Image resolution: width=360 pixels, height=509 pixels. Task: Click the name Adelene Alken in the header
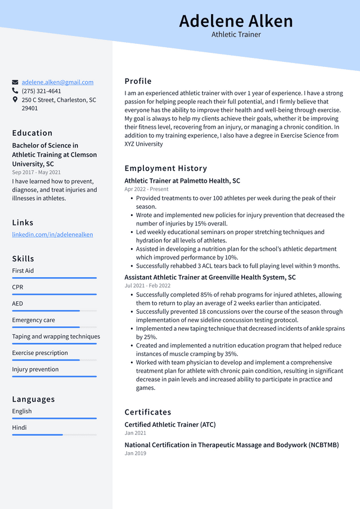236,21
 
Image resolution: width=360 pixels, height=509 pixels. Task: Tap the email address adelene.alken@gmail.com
57,82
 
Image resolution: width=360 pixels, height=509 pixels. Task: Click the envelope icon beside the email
15,82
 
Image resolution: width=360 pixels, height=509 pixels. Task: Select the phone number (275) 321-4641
41,91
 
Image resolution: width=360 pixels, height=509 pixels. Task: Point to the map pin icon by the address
15,100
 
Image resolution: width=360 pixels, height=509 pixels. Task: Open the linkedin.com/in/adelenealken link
52,235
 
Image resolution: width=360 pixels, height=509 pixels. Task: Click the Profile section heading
138,81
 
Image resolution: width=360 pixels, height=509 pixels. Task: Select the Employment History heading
165,168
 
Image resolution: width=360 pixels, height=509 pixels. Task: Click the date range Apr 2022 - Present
146,190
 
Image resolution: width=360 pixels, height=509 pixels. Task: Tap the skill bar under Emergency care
54,327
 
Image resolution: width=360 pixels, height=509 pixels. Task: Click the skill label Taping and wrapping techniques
56,336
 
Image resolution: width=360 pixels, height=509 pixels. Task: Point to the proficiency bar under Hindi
54,435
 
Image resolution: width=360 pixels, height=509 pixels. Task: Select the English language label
22,411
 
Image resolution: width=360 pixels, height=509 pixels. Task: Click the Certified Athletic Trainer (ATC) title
170,425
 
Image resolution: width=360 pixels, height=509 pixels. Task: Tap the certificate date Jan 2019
135,453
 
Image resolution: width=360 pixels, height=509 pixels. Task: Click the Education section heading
32,133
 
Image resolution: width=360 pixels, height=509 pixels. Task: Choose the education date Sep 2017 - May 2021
36,173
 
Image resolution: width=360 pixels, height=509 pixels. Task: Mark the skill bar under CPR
54,294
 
